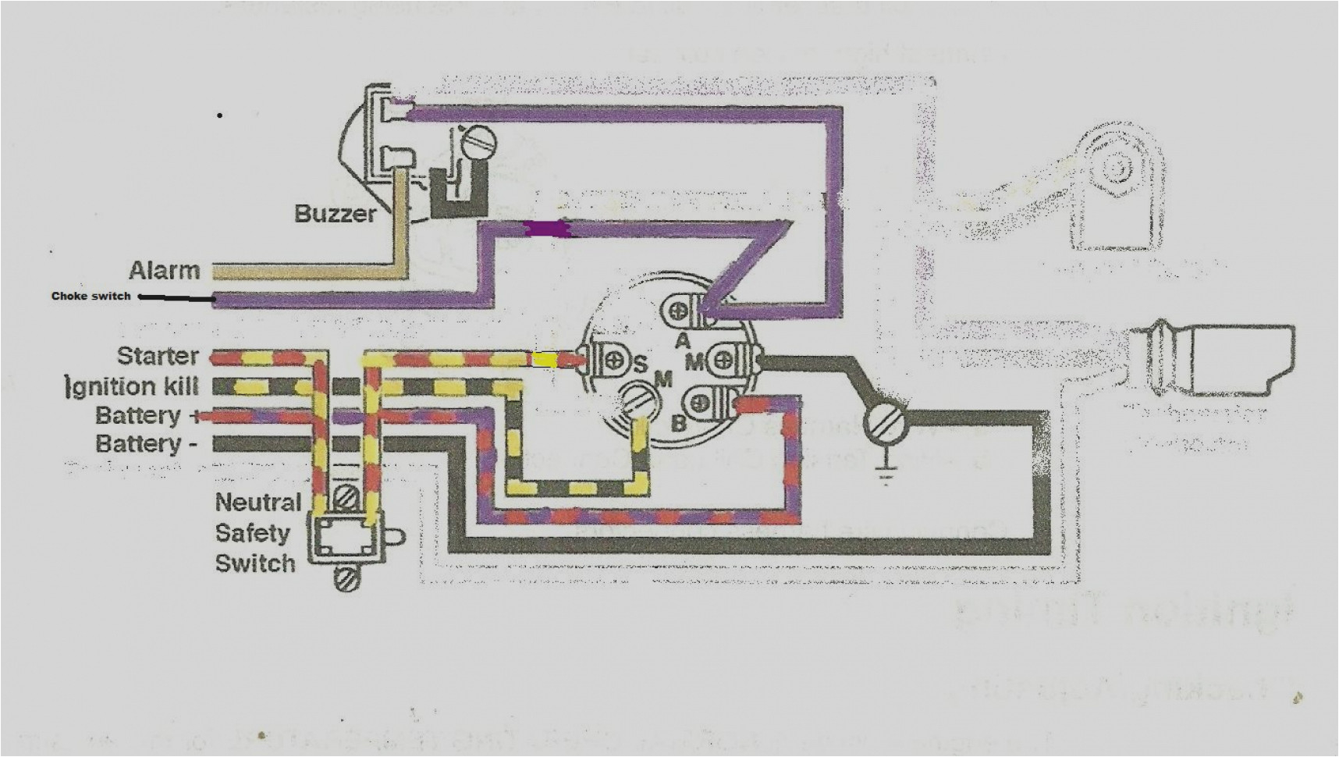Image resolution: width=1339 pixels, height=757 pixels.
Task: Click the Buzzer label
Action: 335,213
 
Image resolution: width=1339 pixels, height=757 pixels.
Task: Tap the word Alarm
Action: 164,271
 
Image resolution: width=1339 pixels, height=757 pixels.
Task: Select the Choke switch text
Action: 91,297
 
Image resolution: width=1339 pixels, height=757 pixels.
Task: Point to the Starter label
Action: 158,356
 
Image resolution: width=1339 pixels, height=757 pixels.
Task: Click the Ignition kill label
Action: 133,386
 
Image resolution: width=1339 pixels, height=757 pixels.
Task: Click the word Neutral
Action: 257,503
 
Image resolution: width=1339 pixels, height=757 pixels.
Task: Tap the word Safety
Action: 251,533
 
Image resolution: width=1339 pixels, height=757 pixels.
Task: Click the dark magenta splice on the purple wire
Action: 550,229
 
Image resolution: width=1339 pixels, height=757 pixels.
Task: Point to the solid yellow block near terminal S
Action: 545,360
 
